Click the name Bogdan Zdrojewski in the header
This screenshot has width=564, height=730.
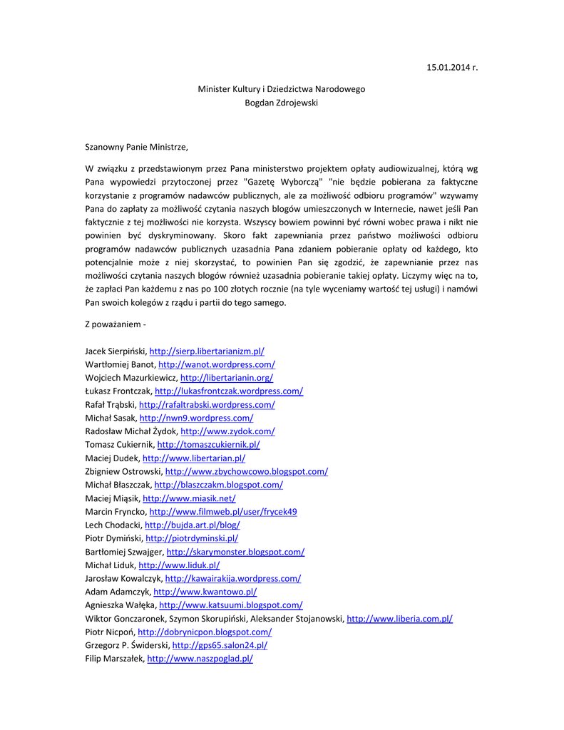click(281, 102)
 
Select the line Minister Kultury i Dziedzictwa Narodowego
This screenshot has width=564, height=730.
click(281, 89)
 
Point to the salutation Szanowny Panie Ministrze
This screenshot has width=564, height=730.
click(137, 147)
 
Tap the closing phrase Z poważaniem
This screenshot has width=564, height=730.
click(115, 325)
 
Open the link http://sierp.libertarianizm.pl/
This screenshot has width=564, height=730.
click(207, 351)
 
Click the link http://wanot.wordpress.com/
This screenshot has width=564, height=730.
click(217, 364)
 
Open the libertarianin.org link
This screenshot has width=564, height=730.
click(227, 378)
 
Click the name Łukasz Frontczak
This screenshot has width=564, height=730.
click(118, 391)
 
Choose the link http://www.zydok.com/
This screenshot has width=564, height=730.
click(227, 431)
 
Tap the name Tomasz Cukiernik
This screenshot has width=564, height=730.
click(119, 445)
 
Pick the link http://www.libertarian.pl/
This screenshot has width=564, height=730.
click(194, 458)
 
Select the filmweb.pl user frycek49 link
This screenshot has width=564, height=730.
click(223, 512)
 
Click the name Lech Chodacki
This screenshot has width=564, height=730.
click(113, 525)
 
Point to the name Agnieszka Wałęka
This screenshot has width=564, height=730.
click(121, 605)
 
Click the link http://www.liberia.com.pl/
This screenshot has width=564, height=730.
click(399, 619)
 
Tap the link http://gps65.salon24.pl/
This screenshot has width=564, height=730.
click(220, 646)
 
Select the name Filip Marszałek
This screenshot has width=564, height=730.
click(114, 659)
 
